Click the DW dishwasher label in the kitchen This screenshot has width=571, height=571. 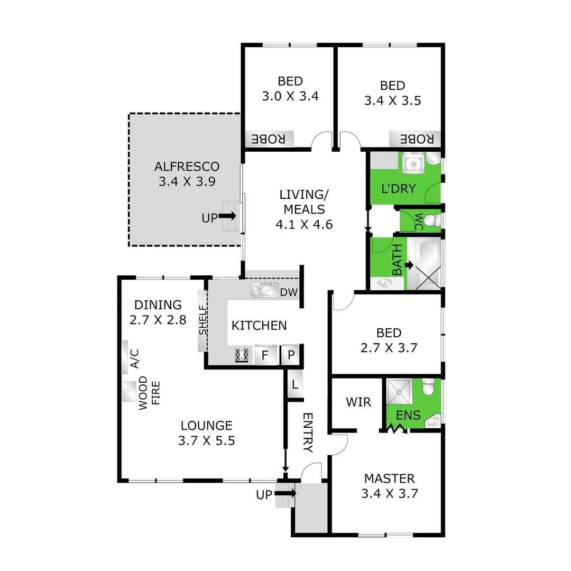click(x=288, y=292)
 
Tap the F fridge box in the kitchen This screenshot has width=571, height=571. click(x=264, y=355)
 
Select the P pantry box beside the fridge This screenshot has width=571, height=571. click(x=290, y=355)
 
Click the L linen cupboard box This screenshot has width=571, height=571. click(x=294, y=385)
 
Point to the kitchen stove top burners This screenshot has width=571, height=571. click(x=241, y=355)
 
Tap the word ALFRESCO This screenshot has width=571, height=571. click(x=187, y=167)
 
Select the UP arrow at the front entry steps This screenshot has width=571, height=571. click(x=285, y=494)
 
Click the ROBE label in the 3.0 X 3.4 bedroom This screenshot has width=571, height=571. click(x=269, y=139)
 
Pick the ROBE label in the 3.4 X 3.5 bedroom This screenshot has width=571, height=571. click(x=417, y=139)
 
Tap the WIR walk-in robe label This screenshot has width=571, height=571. click(x=358, y=402)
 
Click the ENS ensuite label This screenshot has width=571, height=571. click(x=409, y=416)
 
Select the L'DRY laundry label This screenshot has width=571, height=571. click(x=398, y=188)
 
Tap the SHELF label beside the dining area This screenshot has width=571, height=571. click(x=202, y=321)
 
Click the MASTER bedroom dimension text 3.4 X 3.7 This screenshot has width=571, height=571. click(x=389, y=494)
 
